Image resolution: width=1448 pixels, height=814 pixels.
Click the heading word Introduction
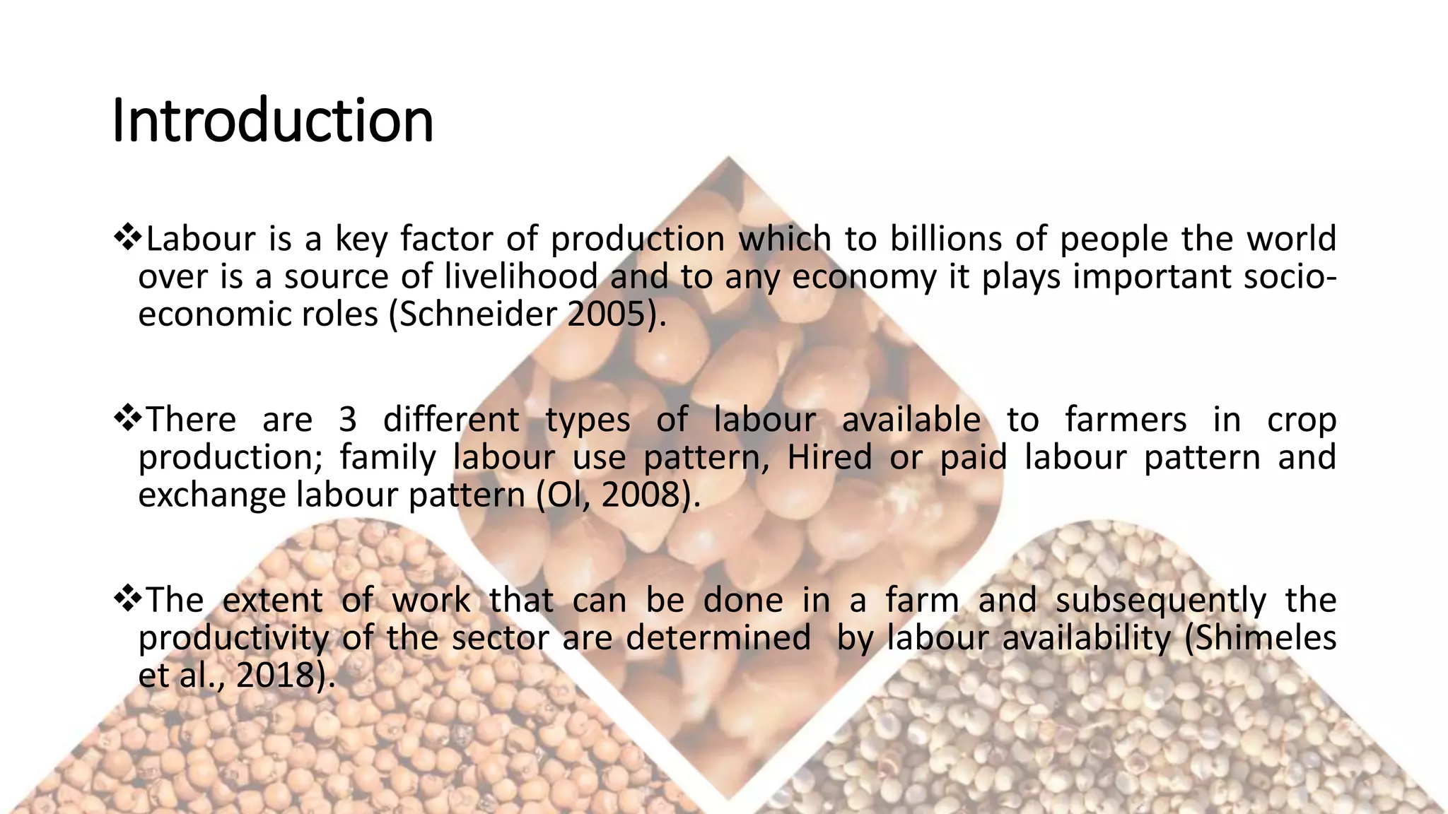[x=272, y=121]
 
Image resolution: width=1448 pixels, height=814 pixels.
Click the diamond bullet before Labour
[x=127, y=238]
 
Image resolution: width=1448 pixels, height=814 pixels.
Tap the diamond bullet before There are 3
[x=127, y=419]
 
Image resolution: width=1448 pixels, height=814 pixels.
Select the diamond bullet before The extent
[x=127, y=599]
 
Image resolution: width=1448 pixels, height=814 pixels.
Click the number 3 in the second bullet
[x=347, y=420]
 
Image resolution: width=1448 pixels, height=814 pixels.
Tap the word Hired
[x=829, y=457]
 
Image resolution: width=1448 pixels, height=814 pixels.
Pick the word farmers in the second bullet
[x=1125, y=420]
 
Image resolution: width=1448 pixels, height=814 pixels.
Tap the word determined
[x=718, y=638]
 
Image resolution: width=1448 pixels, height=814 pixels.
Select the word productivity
[x=233, y=638]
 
